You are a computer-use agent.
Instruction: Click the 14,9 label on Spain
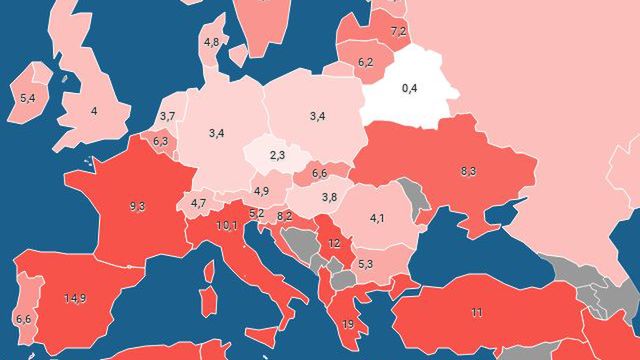click(74, 298)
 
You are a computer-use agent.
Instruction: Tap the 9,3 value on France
click(137, 207)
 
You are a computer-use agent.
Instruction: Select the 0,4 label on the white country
click(409, 89)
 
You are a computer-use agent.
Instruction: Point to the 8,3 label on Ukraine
click(468, 171)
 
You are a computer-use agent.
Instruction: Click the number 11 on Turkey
click(476, 313)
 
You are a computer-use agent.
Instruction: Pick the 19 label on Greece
click(348, 324)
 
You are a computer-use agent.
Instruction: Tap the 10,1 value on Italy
click(227, 225)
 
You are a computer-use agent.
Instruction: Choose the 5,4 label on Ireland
click(28, 98)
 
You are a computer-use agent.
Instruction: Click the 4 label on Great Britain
click(95, 111)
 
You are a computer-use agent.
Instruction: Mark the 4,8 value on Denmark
click(211, 42)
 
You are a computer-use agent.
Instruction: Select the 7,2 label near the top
click(398, 32)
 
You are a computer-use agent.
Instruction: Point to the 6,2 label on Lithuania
click(365, 62)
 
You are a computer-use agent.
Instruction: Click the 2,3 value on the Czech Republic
click(277, 155)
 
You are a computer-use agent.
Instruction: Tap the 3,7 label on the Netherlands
click(167, 117)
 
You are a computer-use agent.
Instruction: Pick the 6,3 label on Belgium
click(160, 142)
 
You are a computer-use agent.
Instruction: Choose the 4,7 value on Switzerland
click(198, 204)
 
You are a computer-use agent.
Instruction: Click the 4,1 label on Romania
click(378, 217)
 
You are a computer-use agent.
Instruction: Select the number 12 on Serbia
click(334, 243)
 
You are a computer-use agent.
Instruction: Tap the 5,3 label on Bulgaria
click(365, 264)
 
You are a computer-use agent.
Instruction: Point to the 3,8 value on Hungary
click(329, 196)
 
